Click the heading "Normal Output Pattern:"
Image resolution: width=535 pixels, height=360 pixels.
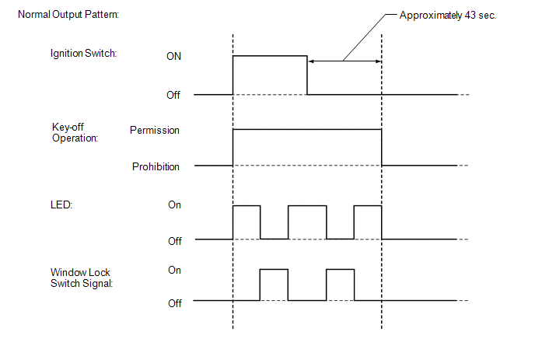click(x=68, y=16)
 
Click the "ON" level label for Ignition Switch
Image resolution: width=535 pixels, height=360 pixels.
click(x=175, y=57)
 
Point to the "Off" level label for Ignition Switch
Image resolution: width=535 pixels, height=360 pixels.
click(x=175, y=96)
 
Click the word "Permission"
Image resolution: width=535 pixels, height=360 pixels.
click(x=155, y=131)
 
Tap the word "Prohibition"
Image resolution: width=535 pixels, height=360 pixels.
click(x=156, y=166)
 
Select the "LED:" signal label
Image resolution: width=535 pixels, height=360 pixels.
click(x=61, y=205)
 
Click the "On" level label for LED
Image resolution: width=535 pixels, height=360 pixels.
click(x=175, y=205)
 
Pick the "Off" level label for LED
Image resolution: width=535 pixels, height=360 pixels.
click(x=175, y=241)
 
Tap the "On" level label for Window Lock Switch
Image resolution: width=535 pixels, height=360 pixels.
click(x=175, y=270)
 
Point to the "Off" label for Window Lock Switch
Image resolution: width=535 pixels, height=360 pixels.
click(x=175, y=303)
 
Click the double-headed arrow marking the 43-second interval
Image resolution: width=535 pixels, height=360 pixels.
click(x=344, y=61)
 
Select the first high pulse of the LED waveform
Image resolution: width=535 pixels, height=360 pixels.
click(x=247, y=222)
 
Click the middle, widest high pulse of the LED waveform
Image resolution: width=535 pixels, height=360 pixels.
click(x=307, y=222)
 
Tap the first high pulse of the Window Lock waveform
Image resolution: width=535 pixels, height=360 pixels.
click(x=274, y=285)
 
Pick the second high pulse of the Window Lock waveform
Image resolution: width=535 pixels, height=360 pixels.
click(x=340, y=285)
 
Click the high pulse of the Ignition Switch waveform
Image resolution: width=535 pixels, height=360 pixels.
click(x=270, y=75)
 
